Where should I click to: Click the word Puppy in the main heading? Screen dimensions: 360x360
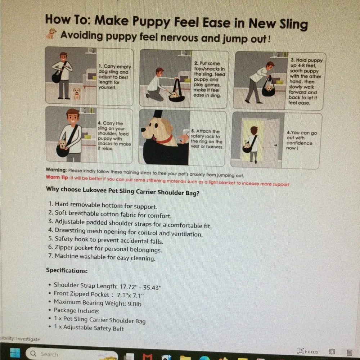[151, 22]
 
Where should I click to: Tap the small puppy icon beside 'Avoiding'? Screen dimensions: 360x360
[51, 33]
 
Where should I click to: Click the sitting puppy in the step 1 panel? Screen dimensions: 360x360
[77, 93]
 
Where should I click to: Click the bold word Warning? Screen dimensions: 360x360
[56, 170]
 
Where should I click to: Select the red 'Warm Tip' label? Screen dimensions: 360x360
[57, 177]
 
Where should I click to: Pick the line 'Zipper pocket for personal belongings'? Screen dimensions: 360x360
[105, 249]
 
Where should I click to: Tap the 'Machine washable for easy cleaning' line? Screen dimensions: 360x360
[102, 257]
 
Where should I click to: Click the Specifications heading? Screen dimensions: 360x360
[67, 270]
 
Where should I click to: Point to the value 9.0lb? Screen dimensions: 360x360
[135, 304]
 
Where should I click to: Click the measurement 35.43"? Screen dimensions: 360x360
[152, 287]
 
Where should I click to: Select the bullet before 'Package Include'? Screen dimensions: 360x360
[50, 310]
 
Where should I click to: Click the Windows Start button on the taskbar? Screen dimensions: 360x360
[15, 353]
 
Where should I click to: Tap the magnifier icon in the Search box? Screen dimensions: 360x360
[33, 354]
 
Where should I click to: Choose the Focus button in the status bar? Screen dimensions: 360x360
[308, 351]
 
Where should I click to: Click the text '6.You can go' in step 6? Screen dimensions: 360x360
[302, 133]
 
